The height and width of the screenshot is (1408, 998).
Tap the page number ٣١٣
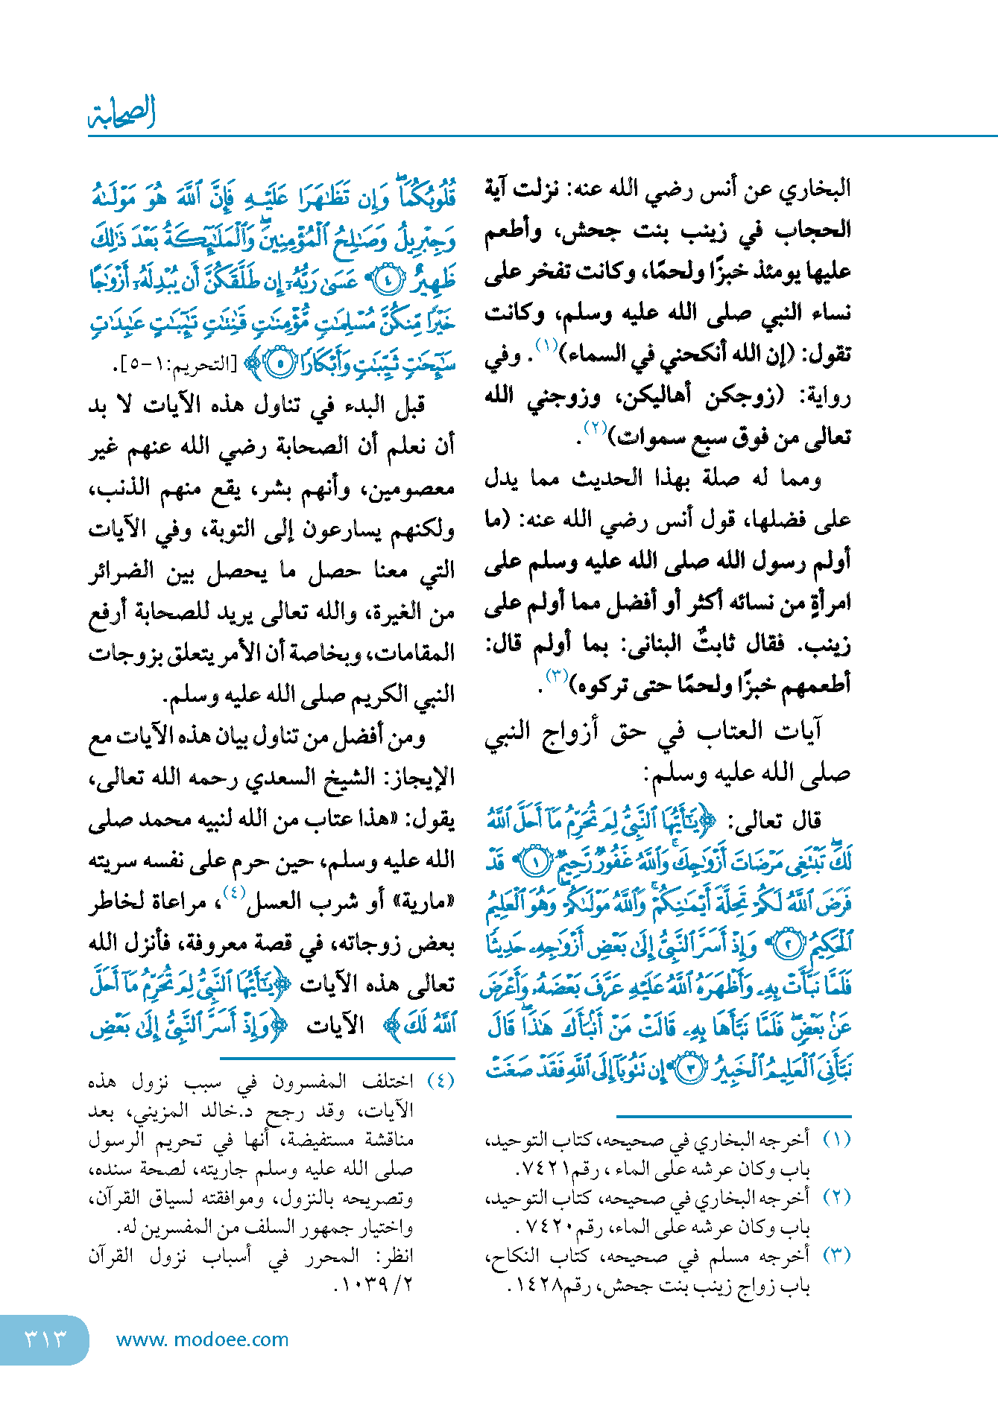coord(45,1339)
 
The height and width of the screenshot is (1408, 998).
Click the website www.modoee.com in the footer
coord(202,1339)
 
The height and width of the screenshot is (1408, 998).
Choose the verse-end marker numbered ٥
coord(280,364)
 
